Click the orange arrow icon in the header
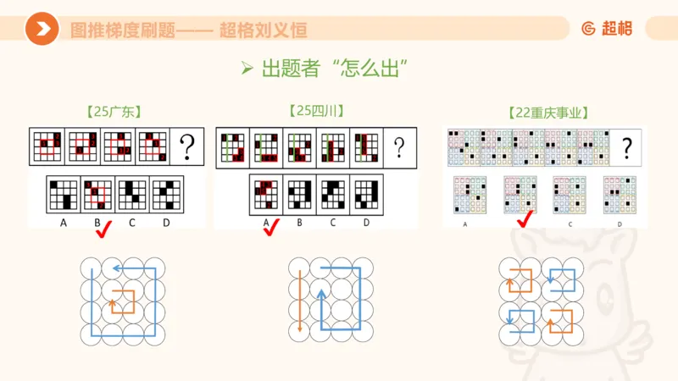tap(41, 30)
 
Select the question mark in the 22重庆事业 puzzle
tap(626, 146)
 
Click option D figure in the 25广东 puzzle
tap(165, 195)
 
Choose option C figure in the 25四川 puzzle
tap(332, 194)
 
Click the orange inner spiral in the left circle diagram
tap(123, 300)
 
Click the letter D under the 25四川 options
tap(366, 223)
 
